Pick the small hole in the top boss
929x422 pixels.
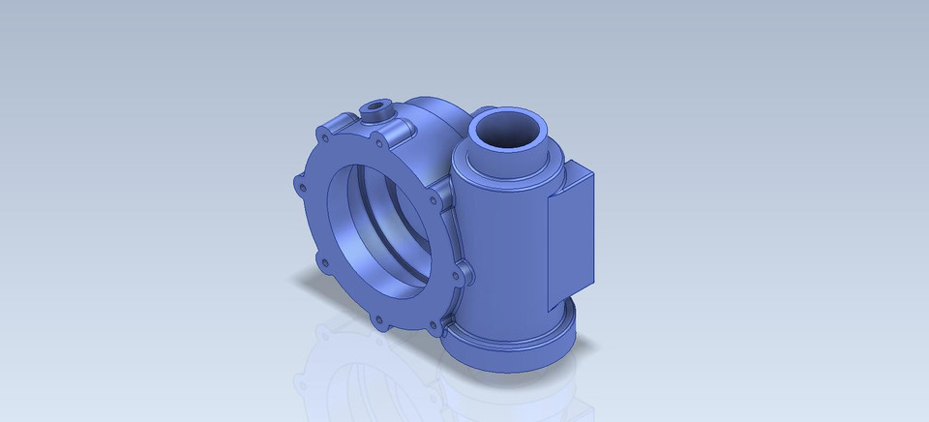(x=375, y=106)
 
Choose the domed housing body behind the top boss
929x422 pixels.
(x=435, y=116)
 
